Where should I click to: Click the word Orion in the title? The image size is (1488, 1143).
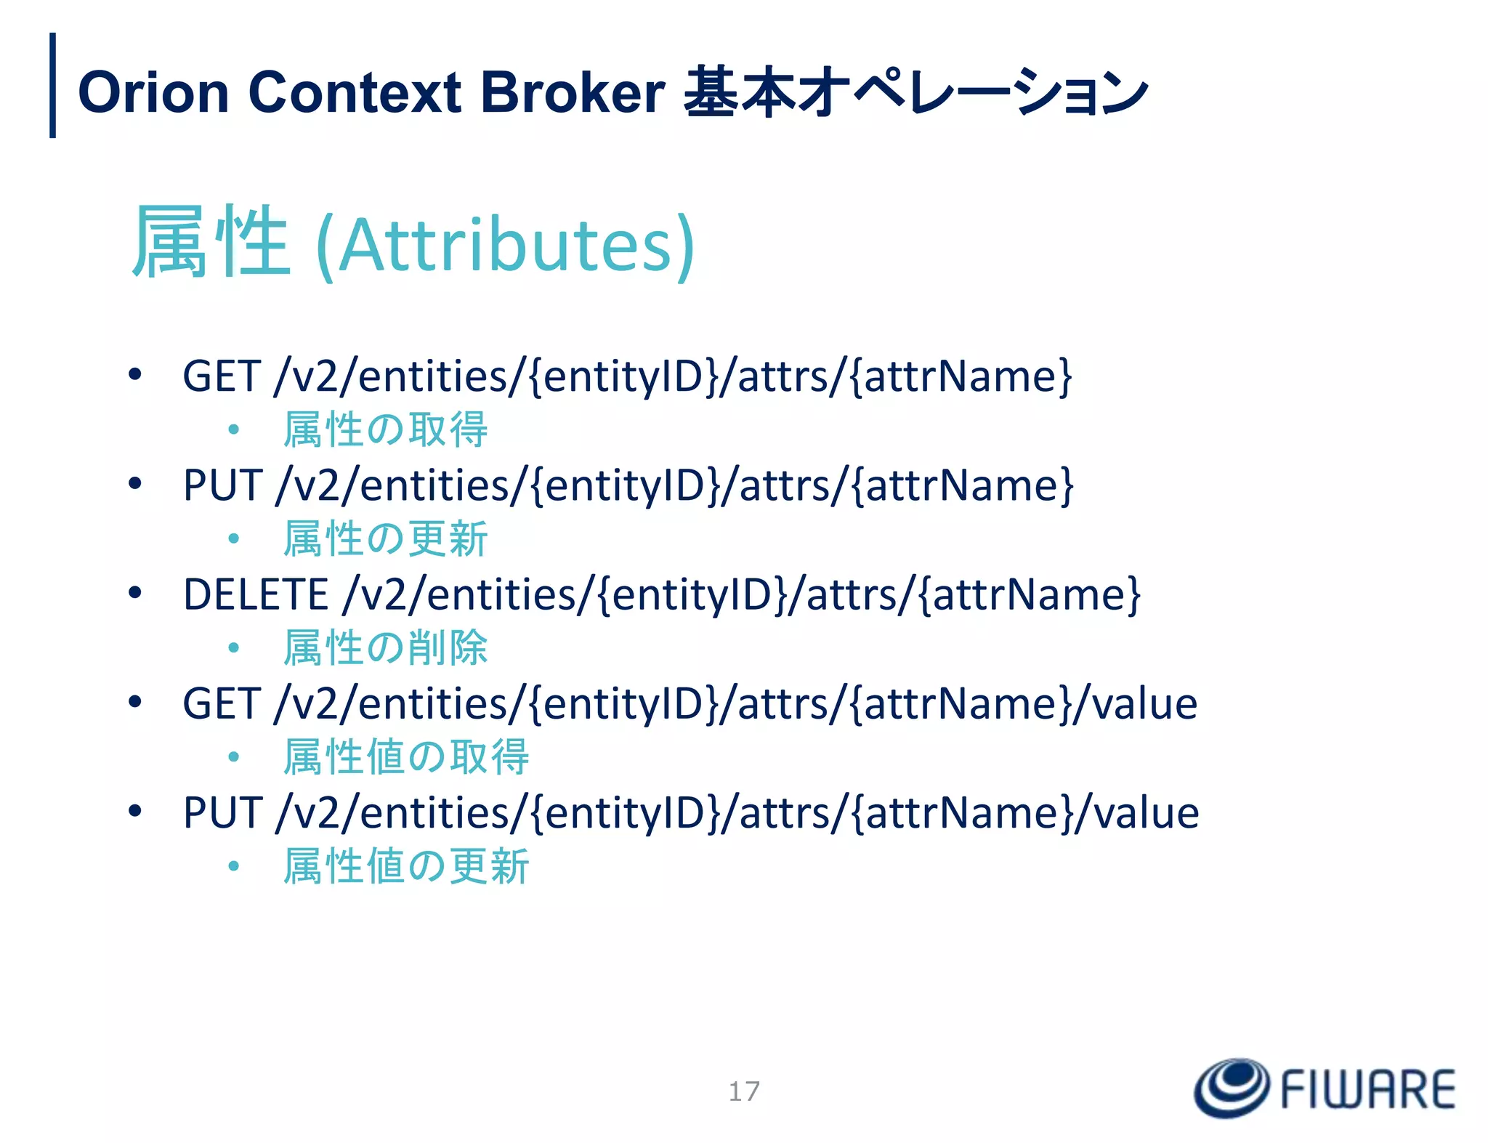tap(153, 93)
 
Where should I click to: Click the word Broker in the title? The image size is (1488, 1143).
tap(573, 93)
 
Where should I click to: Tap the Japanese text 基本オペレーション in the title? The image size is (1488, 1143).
tap(915, 93)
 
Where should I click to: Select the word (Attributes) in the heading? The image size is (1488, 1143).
tap(506, 245)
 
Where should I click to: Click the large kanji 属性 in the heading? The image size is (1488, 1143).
tap(211, 242)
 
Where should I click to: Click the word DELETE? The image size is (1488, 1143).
tap(256, 594)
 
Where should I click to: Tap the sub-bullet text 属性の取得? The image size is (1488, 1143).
tap(385, 429)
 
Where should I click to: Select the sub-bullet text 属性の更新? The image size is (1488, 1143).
tap(385, 539)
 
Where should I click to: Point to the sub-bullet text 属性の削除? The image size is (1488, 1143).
tap(385, 648)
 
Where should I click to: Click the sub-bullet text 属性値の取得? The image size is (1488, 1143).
tap(406, 757)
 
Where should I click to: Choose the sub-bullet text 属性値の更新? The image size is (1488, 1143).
tap(406, 866)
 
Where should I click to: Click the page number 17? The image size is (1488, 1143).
tap(744, 1091)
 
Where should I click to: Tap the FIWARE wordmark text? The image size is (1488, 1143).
tap(1367, 1089)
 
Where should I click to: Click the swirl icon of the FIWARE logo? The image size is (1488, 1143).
tap(1232, 1087)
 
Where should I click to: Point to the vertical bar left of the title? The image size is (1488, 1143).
tap(52, 85)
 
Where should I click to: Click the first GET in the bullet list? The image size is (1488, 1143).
tap(222, 376)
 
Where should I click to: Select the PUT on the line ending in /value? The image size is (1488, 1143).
tap(222, 812)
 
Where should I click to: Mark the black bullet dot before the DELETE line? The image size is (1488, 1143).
tap(134, 593)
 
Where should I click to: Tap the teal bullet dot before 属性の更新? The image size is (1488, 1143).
tap(233, 539)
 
